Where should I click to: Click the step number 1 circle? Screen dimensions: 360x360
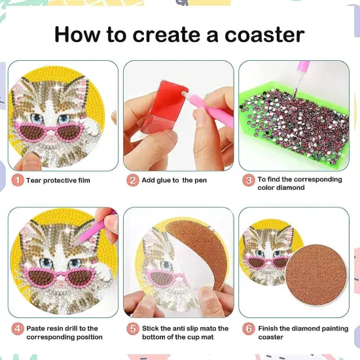(17, 180)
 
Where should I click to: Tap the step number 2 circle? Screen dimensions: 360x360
(133, 180)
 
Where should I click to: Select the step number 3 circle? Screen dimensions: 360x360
(249, 180)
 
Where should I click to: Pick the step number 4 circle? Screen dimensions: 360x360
(17, 329)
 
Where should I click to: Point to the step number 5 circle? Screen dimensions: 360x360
(133, 329)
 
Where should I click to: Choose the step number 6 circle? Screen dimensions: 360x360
(249, 329)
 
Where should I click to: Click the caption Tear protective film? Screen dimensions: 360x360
(58, 180)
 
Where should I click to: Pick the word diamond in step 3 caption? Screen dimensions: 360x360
(291, 188)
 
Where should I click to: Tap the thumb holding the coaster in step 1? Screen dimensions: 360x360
(29, 161)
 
